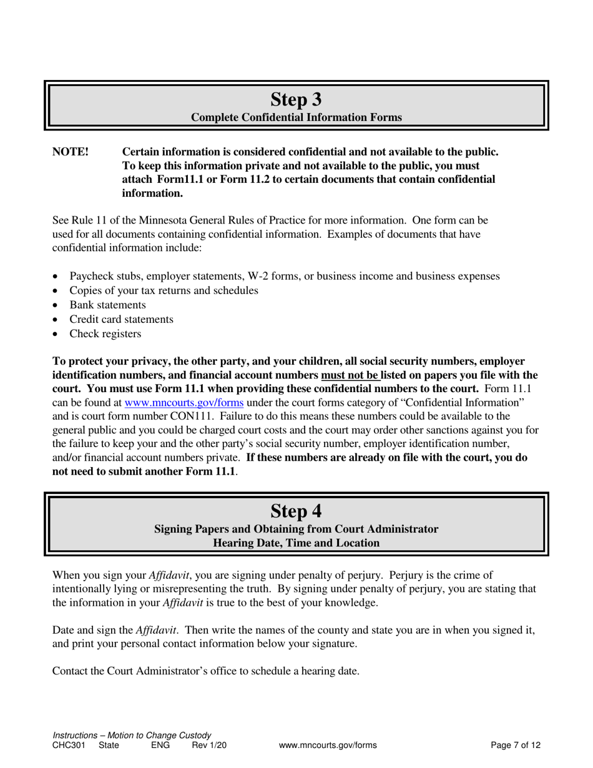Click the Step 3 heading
[x=296, y=99]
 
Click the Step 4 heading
[x=296, y=511]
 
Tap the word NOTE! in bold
[x=71, y=152]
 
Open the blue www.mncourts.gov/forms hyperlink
[x=184, y=403]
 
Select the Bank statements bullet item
[x=107, y=305]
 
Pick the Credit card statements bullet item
[x=121, y=320]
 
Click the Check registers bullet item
[x=105, y=334]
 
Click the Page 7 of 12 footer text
[x=516, y=745]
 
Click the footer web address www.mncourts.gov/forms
[x=328, y=745]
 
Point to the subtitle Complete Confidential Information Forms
[x=296, y=117]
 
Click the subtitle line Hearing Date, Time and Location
[x=296, y=543]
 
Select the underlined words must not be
[x=350, y=375]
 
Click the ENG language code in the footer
[x=160, y=745]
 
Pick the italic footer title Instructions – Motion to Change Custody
[x=132, y=736]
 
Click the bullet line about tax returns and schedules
[x=164, y=291]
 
